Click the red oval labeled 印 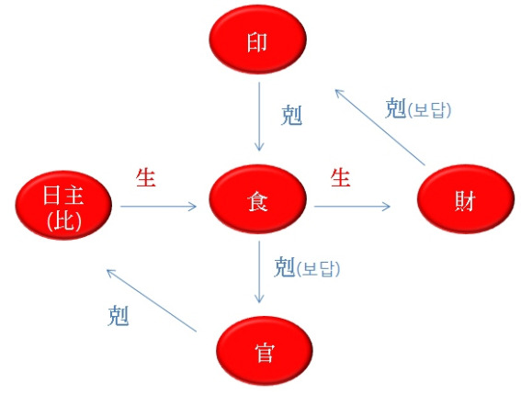click(258, 39)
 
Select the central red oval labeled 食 click(258, 198)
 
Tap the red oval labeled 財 click(466, 198)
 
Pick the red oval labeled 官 click(265, 351)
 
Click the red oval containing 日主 click(63, 205)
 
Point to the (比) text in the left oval click(64, 220)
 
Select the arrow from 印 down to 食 click(259, 117)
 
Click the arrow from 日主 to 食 click(158, 207)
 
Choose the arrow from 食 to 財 click(352, 207)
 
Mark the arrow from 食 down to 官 click(259, 272)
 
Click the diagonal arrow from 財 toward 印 click(380, 128)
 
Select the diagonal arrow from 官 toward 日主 click(152, 300)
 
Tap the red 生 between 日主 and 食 click(146, 178)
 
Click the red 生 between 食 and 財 click(341, 178)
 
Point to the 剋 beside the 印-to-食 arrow click(291, 116)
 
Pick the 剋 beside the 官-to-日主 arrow click(119, 316)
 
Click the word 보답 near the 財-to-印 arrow click(429, 110)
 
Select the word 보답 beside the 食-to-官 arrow click(318, 269)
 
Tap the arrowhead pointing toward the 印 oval click(338, 93)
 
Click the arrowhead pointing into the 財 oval click(387, 207)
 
